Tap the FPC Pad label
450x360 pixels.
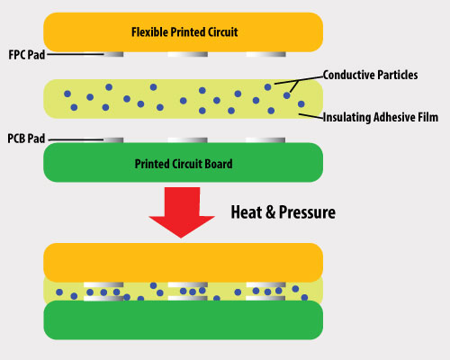pyautogui.click(x=24, y=54)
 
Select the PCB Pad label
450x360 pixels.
pyautogui.click(x=24, y=139)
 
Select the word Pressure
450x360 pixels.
pyautogui.click(x=305, y=212)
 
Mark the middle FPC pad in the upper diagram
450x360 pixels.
pyautogui.click(x=184, y=54)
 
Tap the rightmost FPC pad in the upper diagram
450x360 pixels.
pyautogui.click(x=265, y=54)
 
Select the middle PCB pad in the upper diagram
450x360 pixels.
pyautogui.click(x=184, y=139)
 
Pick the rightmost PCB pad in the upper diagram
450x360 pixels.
pyautogui.click(x=265, y=139)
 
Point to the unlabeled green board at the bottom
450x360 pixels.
pyautogui.click(x=184, y=319)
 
